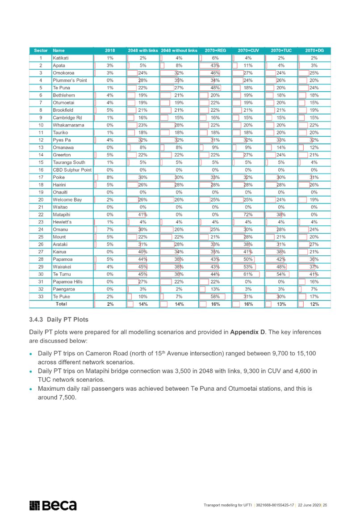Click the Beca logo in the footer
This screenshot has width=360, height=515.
tap(53, 505)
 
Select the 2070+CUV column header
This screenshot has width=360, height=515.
tap(248, 51)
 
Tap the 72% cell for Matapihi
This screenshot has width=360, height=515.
tap(248, 215)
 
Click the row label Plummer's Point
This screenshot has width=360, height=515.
tap(70, 80)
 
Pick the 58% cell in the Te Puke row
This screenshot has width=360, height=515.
tap(215, 296)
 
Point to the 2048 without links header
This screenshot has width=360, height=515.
tap(179, 51)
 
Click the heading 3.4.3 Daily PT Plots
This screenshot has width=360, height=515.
tap(59, 319)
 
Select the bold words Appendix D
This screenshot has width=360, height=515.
tap(247, 332)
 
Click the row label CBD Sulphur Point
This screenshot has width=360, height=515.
tap(72, 170)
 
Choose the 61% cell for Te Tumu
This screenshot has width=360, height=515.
tap(248, 274)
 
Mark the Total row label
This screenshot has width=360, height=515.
tap(61, 304)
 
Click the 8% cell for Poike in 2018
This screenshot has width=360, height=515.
tap(110, 177)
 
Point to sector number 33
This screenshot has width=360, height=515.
tap(41, 296)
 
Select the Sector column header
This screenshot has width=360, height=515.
tap(41, 51)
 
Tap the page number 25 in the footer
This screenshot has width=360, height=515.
tap(325, 505)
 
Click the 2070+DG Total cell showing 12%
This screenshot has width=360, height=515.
tap(314, 304)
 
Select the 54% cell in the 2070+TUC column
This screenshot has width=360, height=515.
tap(281, 274)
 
